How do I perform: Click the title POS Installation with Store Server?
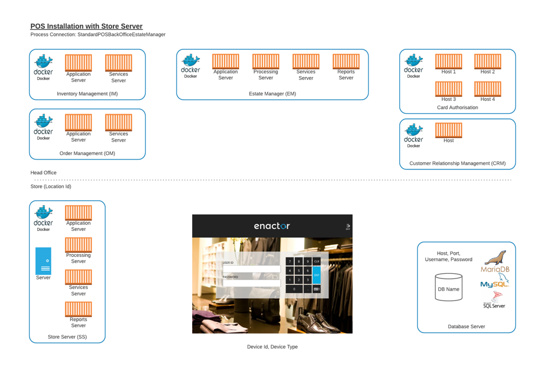point(86,26)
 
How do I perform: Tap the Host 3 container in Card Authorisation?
point(449,89)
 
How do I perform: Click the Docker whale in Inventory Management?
point(44,62)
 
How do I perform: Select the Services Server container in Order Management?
point(118,122)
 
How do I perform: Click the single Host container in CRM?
point(449,130)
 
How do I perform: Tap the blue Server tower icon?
point(44,261)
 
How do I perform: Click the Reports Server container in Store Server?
point(78,309)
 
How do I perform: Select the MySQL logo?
point(494,282)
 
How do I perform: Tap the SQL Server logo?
point(494,299)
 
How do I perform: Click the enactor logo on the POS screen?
point(272,226)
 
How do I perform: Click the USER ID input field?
point(251,269)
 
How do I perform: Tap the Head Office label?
point(44,173)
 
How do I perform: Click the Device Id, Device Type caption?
point(272,347)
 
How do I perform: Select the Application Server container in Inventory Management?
point(78,62)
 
